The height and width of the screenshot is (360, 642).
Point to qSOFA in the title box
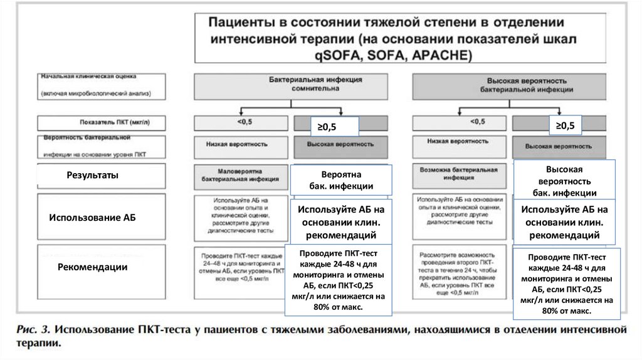pos(337,55)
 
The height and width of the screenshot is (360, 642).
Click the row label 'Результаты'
pos(92,176)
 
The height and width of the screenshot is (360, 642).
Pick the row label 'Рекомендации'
pos(92,267)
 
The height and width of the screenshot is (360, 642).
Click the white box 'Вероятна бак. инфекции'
pos(341,180)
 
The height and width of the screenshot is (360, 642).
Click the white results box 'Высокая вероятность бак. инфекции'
pos(564,181)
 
